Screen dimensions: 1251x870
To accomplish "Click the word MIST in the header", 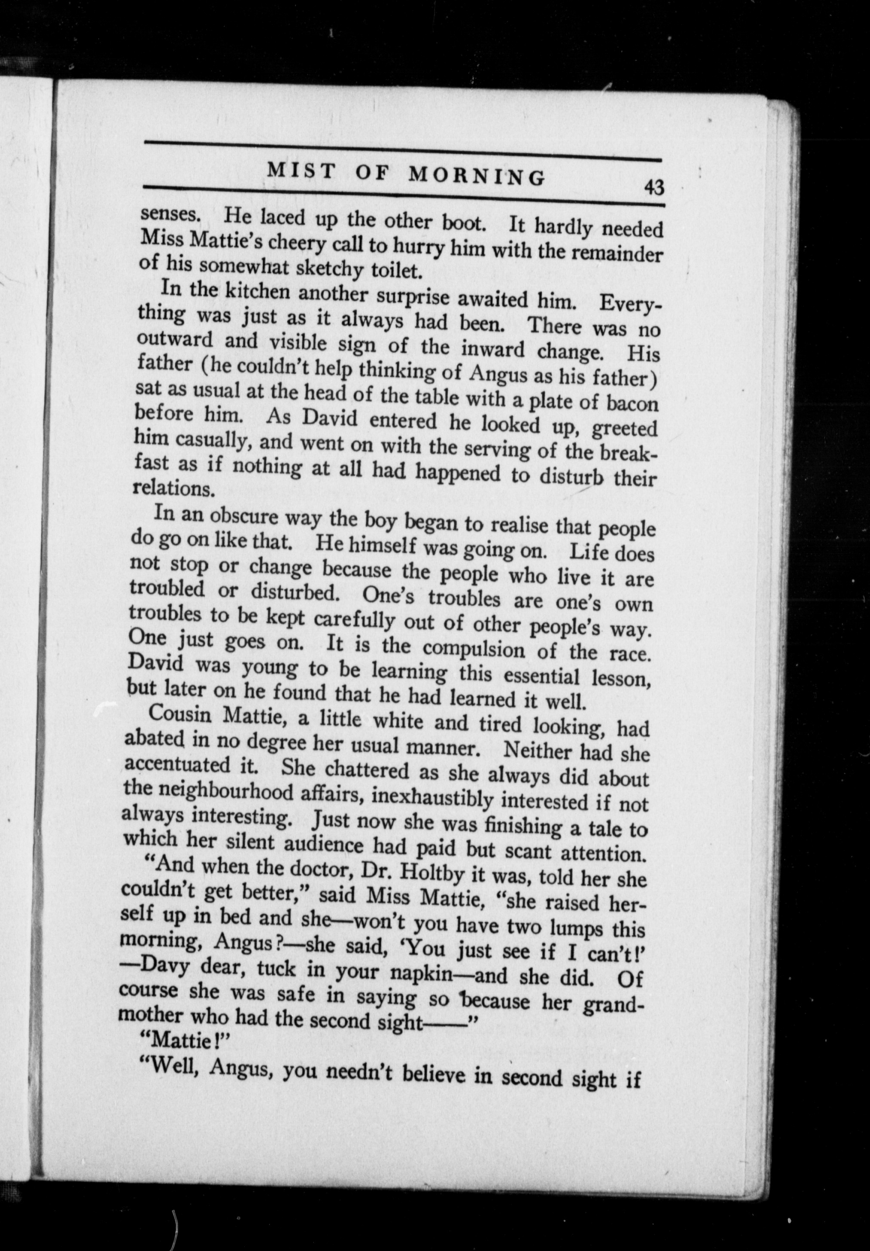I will click(300, 171).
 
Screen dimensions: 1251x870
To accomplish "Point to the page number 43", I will click(654, 187).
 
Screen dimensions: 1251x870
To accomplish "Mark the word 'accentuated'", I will click(177, 764).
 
